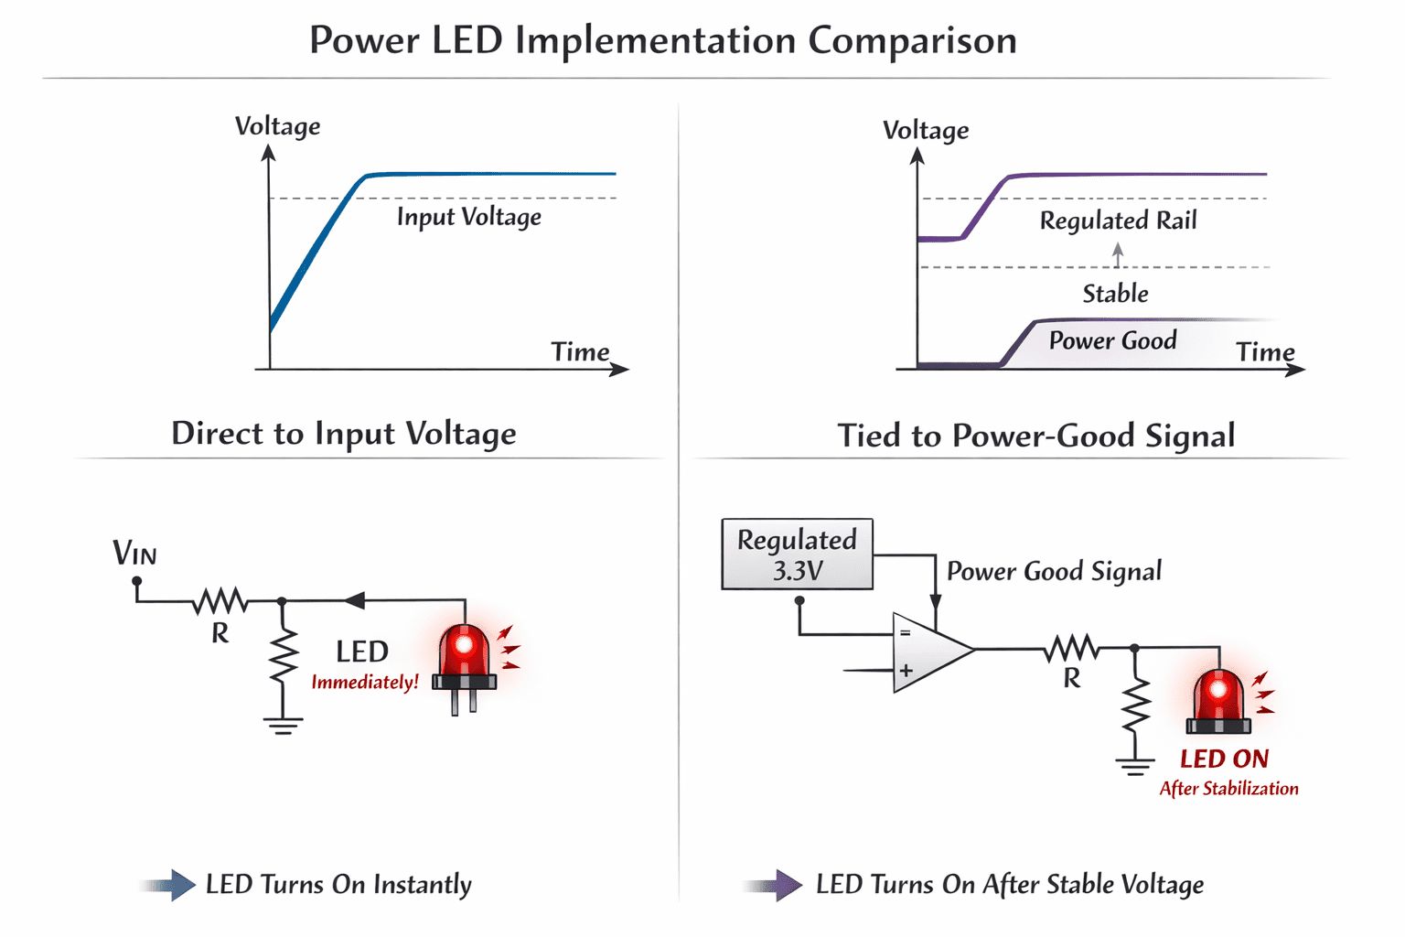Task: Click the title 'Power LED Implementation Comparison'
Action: pos(663,41)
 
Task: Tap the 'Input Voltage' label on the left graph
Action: pos(469,217)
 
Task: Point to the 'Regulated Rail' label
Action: pos(1119,221)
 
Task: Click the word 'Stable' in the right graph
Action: pos(1115,294)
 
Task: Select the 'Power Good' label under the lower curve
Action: pos(1112,340)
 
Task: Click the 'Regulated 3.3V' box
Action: pos(798,555)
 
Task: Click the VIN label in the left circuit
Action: pos(134,553)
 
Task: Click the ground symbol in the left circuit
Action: pos(283,726)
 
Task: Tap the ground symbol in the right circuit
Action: pos(1134,767)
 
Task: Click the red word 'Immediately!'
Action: pos(365,683)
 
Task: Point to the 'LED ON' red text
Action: pos(1225,759)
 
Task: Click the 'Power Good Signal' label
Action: pos(1054,572)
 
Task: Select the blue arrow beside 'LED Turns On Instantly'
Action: pos(167,886)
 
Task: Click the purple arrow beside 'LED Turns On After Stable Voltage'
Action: pos(773,886)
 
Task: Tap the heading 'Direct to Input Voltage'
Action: pos(344,434)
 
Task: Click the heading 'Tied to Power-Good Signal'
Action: pos(1036,436)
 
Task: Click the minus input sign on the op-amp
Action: pos(905,633)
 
